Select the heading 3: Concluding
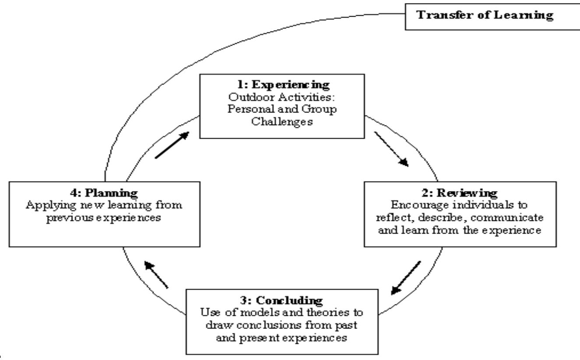tap(282, 301)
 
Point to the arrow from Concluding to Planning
tap(156, 275)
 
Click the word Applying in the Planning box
tap(47, 204)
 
